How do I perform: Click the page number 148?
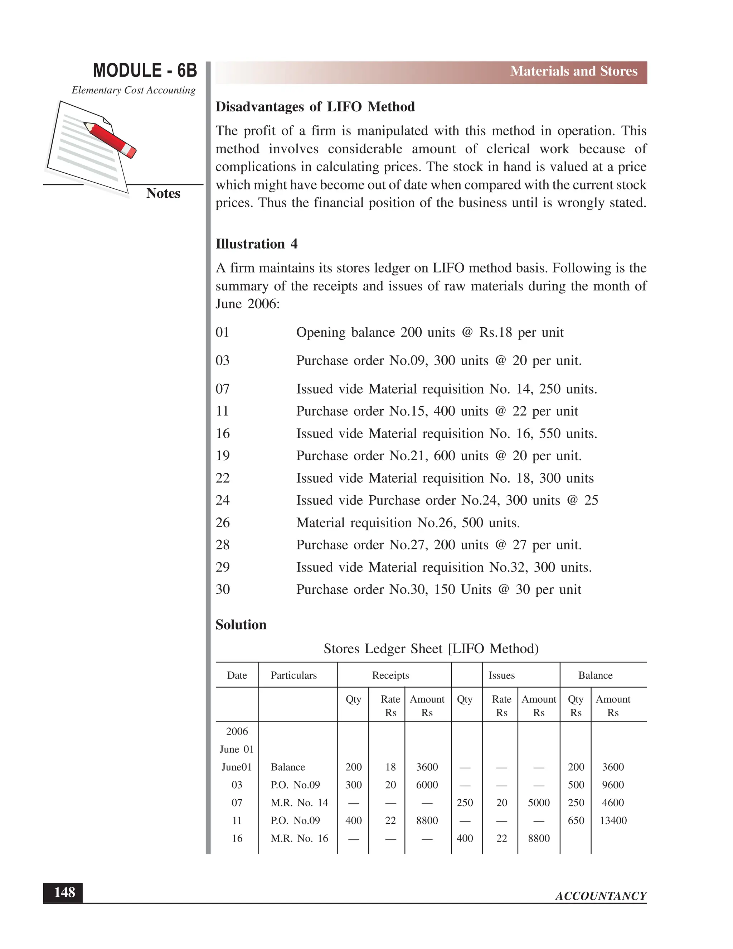point(64,892)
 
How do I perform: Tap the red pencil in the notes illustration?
point(110,139)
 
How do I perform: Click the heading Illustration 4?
point(256,244)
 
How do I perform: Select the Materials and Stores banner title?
point(573,71)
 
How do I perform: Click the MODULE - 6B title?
point(145,71)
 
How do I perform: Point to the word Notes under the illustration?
point(163,193)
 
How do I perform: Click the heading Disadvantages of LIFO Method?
point(315,107)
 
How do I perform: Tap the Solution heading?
point(241,625)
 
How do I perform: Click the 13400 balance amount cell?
point(613,820)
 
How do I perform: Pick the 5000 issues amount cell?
point(538,803)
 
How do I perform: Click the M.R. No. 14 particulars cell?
point(299,803)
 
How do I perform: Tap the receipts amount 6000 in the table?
point(427,785)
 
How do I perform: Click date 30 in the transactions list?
point(222,589)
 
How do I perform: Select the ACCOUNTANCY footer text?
point(601,896)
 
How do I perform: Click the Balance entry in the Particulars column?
point(287,767)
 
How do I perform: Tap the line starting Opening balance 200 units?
point(429,332)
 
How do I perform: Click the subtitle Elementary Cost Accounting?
point(133,90)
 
